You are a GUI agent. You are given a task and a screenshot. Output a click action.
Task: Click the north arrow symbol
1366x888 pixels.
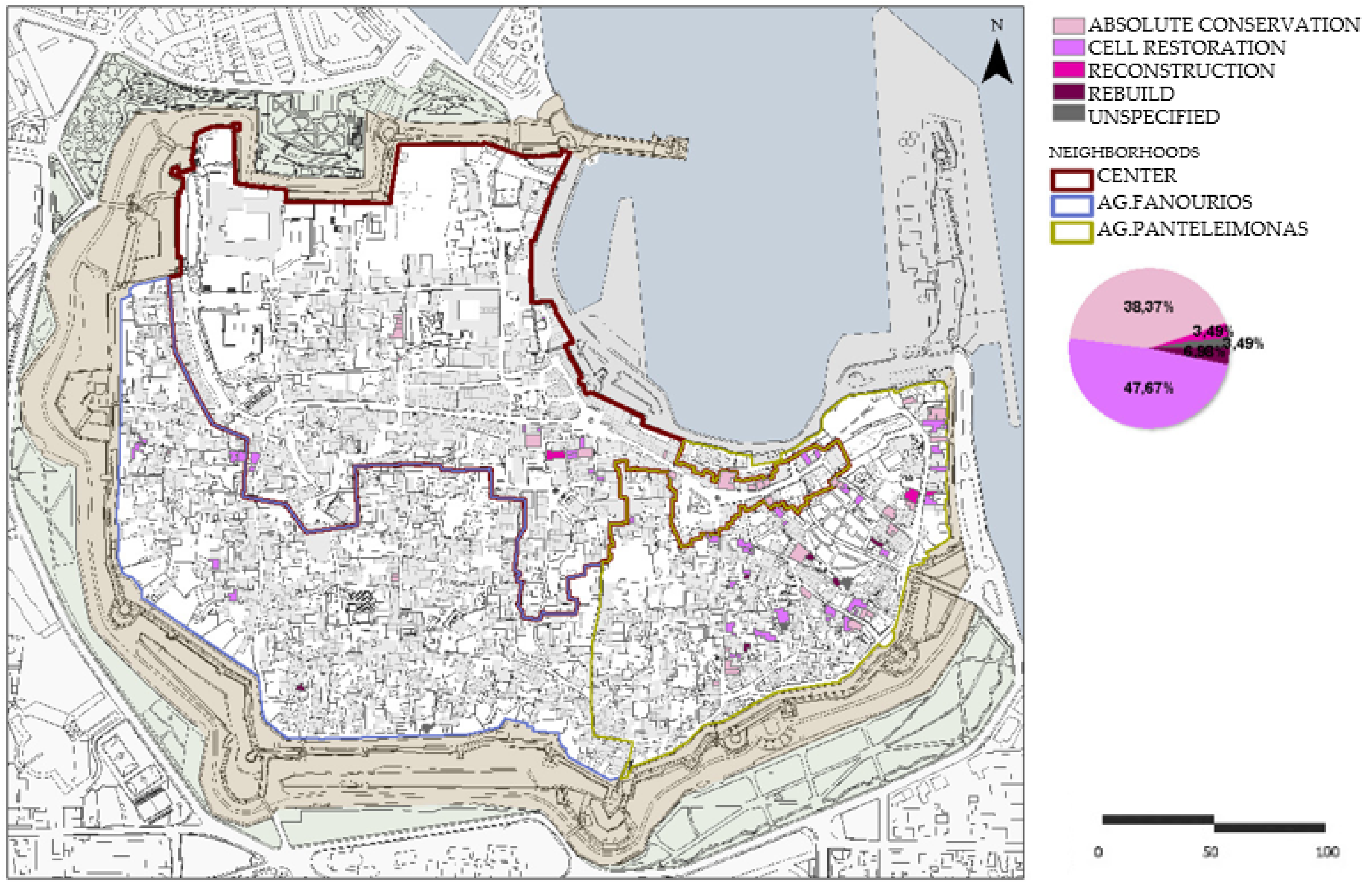click(998, 63)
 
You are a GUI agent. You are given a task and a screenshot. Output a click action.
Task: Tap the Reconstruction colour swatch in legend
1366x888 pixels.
click(1068, 70)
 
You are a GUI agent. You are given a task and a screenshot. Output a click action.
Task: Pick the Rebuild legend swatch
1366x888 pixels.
click(1068, 92)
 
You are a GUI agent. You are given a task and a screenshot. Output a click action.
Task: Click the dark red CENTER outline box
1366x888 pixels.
click(1071, 179)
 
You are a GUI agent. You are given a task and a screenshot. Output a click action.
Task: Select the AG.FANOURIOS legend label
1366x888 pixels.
click(1174, 202)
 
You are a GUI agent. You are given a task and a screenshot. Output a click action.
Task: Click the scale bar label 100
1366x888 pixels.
click(1327, 852)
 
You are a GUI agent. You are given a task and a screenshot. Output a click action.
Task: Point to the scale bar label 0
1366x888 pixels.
click(1098, 852)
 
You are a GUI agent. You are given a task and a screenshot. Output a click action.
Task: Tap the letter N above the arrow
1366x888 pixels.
click(998, 25)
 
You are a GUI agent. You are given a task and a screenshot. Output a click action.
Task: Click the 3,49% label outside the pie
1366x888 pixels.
click(1246, 344)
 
